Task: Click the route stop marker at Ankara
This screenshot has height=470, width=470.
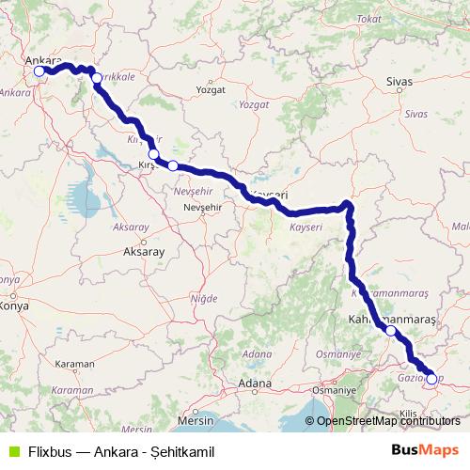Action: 39,70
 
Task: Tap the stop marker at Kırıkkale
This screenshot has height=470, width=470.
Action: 96,79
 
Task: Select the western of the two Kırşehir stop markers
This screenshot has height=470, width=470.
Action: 153,154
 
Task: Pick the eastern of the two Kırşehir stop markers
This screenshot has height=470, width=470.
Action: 173,165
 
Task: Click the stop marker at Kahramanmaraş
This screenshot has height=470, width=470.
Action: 391,331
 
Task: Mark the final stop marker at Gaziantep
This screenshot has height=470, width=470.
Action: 431,380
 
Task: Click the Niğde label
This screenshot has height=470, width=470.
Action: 203,299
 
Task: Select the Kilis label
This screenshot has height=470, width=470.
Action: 407,413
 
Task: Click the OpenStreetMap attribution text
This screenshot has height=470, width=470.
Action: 390,422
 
